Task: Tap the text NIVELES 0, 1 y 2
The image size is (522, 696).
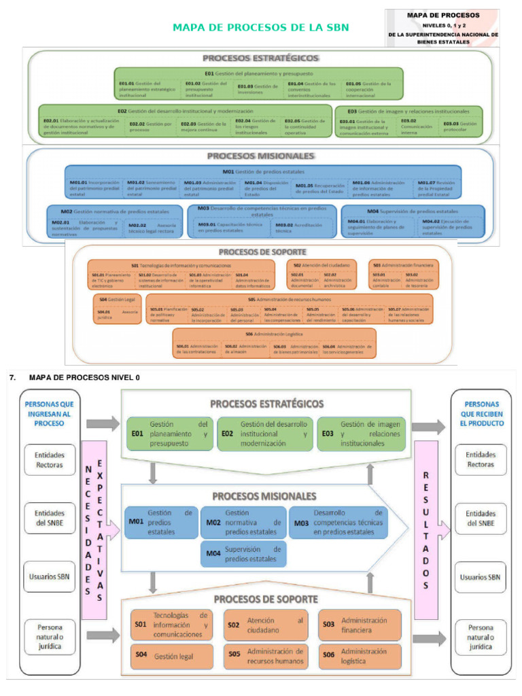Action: pos(442,24)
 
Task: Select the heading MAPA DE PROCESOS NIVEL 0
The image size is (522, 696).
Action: pos(85,377)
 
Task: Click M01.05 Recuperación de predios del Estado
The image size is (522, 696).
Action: pos(319,188)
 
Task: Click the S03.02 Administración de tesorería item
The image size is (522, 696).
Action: pos(419,278)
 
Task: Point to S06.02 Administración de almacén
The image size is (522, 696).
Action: pos(246,349)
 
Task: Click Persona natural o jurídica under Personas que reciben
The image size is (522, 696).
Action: pos(479,637)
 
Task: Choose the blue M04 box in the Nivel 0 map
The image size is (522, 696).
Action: pos(244,554)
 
